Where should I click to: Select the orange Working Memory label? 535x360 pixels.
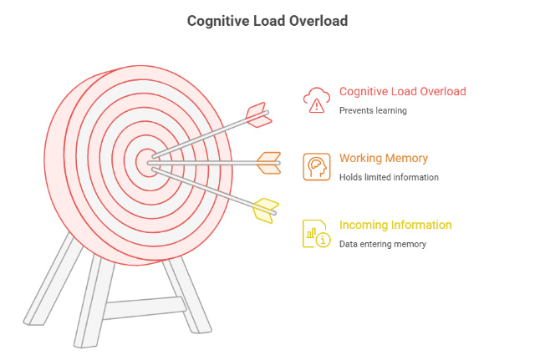click(x=384, y=159)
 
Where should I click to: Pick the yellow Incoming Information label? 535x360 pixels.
click(x=395, y=226)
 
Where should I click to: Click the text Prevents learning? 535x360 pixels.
click(x=373, y=110)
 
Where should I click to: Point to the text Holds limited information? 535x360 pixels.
click(x=389, y=177)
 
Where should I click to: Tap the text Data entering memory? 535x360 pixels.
click(x=383, y=244)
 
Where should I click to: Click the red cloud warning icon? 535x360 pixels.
click(x=316, y=99)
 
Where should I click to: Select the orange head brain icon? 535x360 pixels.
click(x=316, y=166)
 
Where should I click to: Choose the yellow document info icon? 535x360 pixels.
click(x=316, y=233)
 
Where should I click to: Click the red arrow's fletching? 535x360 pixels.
click(x=258, y=115)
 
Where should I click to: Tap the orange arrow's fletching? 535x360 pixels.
click(x=268, y=163)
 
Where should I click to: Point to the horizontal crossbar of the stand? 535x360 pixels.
click(x=142, y=307)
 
